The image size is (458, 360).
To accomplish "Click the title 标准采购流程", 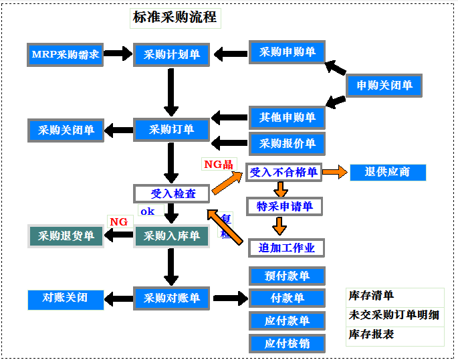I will click(175, 17).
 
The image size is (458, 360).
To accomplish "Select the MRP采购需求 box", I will click(66, 54).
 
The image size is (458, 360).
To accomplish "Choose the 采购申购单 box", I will click(288, 52).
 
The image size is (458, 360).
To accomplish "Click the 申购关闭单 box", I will click(384, 86).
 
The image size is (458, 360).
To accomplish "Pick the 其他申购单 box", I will click(288, 118).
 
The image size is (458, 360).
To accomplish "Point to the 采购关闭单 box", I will click(66, 130).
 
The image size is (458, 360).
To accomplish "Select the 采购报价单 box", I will click(288, 143).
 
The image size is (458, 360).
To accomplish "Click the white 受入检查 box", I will click(173, 193).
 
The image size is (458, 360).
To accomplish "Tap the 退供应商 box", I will click(388, 172).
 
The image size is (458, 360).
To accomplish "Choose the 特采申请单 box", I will click(285, 206).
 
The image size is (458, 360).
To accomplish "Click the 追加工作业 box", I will click(286, 248).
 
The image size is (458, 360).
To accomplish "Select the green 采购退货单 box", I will click(66, 236).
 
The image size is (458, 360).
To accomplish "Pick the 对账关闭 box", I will click(66, 298).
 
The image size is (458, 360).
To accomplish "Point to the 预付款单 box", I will click(288, 276).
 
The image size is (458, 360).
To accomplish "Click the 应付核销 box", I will click(288, 344).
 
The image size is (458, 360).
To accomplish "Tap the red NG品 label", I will click(218, 163).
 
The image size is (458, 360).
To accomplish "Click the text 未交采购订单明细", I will click(394, 314).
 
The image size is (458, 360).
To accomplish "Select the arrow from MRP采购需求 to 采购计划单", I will click(118, 54).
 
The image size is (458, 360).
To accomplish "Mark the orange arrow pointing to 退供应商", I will click(336, 172).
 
